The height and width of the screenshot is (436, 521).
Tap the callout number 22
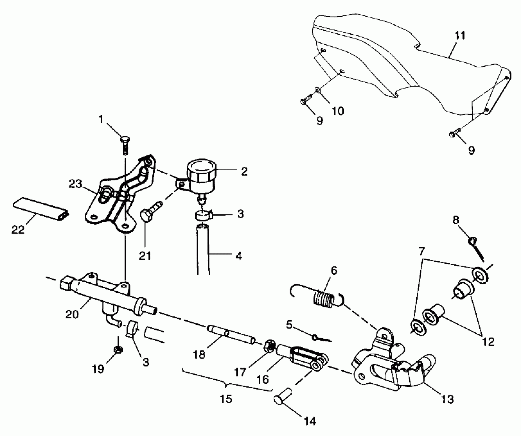tap(18, 230)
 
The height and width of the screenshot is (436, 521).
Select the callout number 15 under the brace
tap(226, 406)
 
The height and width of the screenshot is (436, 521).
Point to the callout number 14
tap(310, 421)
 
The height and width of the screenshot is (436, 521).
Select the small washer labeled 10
tap(317, 90)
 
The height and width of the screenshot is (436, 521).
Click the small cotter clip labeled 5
tap(321, 338)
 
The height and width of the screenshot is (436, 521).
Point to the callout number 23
tap(75, 184)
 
